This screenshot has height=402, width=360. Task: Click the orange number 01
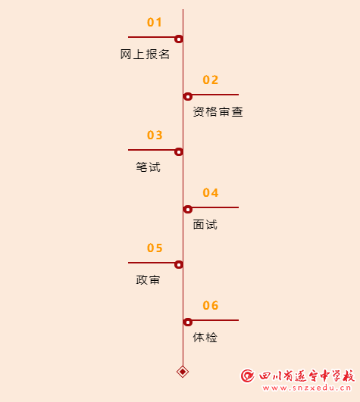(x=155, y=22)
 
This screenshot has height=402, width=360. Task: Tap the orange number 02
(x=211, y=79)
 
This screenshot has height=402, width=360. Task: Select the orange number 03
(x=155, y=135)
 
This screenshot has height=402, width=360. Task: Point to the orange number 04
(x=211, y=192)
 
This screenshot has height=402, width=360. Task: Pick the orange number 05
(x=155, y=248)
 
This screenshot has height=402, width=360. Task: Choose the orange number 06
(x=211, y=305)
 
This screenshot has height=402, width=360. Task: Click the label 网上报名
(x=145, y=55)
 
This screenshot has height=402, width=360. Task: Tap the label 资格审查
(x=218, y=112)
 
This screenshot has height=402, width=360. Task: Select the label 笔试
(x=149, y=167)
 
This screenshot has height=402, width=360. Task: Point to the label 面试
(x=205, y=225)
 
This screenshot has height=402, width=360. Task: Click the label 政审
(x=148, y=280)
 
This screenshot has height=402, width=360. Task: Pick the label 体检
(x=205, y=338)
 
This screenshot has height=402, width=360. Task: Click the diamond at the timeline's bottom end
(x=183, y=372)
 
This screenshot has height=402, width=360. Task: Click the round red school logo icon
(x=247, y=376)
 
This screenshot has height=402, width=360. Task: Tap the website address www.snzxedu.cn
(x=307, y=388)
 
